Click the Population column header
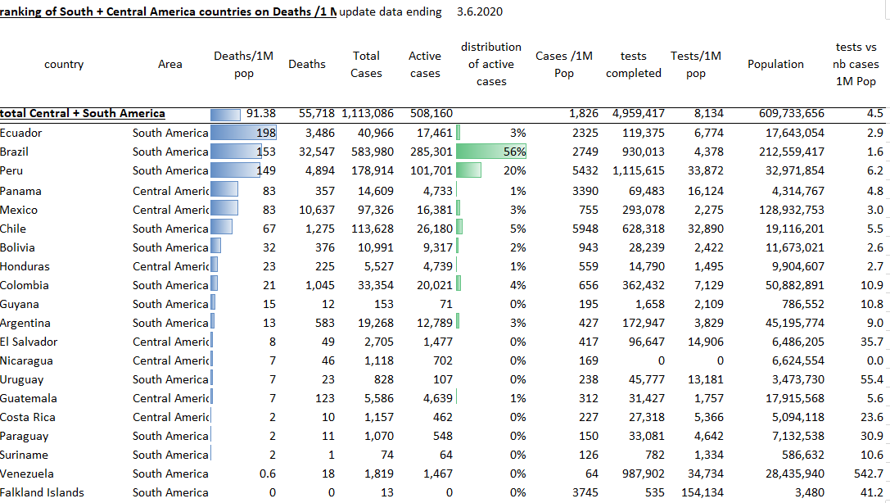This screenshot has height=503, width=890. [775, 64]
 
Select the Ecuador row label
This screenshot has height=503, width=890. [21, 133]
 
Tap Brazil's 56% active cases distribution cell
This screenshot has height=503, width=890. [491, 152]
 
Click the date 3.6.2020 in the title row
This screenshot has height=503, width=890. [480, 11]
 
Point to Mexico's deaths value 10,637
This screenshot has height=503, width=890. [307, 210]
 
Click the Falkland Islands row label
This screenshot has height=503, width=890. [42, 492]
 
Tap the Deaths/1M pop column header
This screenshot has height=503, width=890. [243, 64]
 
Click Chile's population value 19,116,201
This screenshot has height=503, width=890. [786, 229]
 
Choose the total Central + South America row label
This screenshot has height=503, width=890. [83, 114]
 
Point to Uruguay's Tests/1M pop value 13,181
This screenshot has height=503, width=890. [703, 379]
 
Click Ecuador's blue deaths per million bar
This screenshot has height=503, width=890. [243, 133]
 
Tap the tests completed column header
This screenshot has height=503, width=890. [634, 64]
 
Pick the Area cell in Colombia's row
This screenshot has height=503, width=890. [170, 285]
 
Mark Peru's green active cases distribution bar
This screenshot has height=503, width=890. [468, 170]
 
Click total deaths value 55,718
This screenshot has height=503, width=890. [306, 114]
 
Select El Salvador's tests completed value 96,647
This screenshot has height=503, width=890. [641, 342]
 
